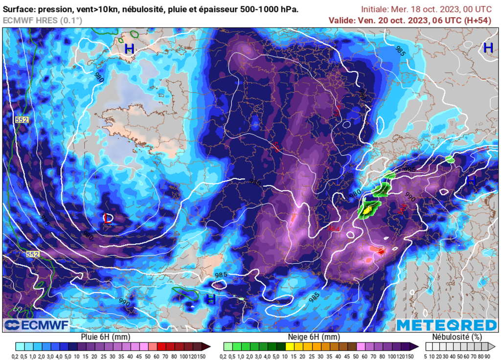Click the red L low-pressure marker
[108, 219]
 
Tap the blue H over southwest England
[129, 49]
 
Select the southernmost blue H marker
[211, 299]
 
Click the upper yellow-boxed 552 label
[22, 119]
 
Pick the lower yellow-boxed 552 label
[32, 254]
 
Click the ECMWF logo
[37, 325]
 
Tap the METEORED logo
[446, 325]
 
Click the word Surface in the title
[19, 9]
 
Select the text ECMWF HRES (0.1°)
[43, 20]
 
